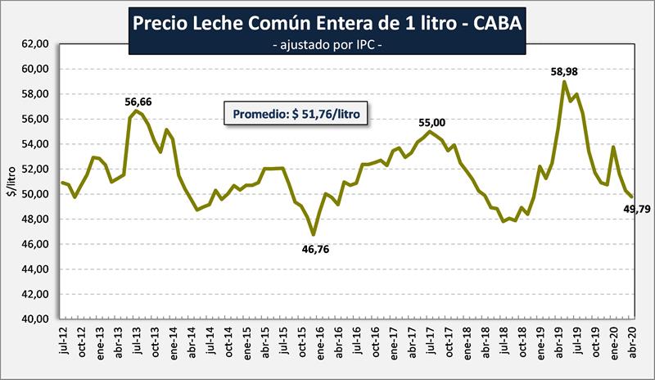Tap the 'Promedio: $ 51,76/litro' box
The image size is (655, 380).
[x=297, y=115]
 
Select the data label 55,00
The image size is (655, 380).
[x=433, y=123]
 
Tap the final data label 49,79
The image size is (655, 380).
[x=635, y=210]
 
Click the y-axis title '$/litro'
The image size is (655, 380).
[x=11, y=183]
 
